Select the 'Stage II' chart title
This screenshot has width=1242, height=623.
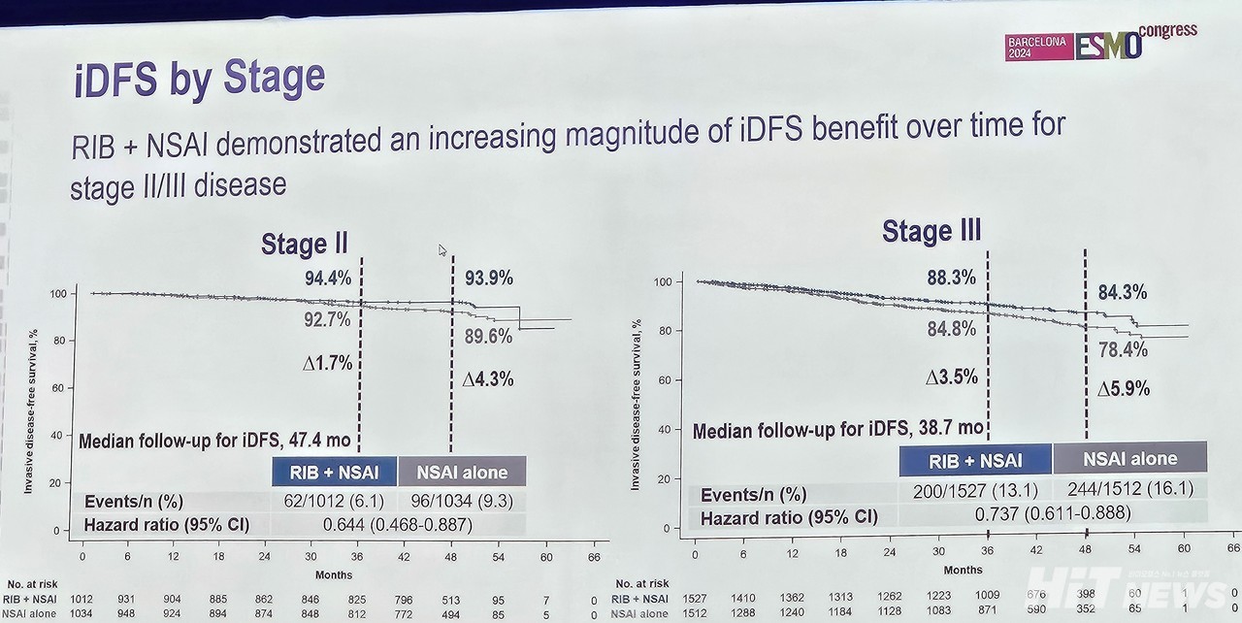tap(304, 245)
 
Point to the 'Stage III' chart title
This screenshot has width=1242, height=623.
tap(931, 231)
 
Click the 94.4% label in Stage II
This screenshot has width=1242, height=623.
tap(327, 279)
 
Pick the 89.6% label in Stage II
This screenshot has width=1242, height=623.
tap(488, 336)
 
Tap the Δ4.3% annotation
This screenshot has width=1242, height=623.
tap(487, 379)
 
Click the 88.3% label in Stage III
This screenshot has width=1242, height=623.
tap(951, 278)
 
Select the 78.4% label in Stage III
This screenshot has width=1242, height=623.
tap(1122, 348)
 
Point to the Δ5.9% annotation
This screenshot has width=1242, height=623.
tap(1123, 389)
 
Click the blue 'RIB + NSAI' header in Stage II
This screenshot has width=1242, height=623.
tap(333, 473)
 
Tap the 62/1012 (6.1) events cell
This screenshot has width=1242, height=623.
tap(333, 501)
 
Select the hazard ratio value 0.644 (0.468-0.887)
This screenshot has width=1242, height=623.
tap(398, 525)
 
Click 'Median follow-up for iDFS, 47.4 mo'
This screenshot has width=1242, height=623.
tap(214, 441)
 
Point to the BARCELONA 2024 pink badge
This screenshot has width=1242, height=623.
tap(1036, 47)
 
